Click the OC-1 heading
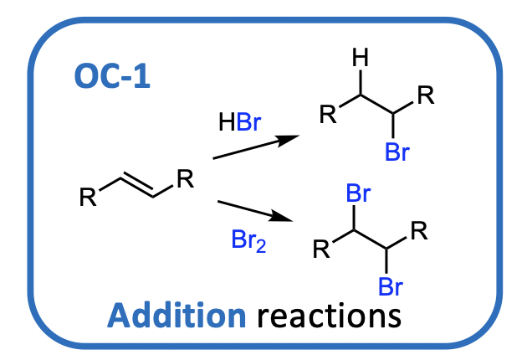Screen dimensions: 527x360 click(112, 79)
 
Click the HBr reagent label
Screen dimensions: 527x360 click(239, 124)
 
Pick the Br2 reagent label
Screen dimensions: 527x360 click(248, 241)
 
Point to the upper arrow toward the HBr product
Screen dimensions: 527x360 click(256, 147)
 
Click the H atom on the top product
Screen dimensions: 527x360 click(360, 59)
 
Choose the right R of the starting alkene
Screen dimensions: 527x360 click(185, 178)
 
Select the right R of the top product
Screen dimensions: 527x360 click(425, 95)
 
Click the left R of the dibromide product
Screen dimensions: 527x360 click(321, 249)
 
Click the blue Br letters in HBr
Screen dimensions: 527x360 click(248, 124)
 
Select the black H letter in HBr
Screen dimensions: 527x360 click(226, 124)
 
